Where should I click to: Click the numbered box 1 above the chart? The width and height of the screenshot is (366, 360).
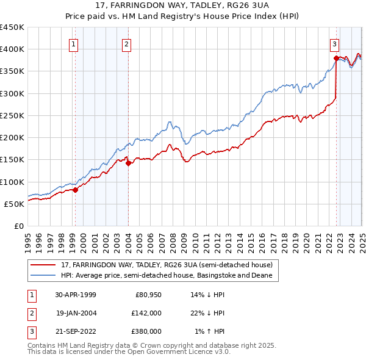pos(73,44)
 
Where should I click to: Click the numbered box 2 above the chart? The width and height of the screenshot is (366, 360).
pos(126,44)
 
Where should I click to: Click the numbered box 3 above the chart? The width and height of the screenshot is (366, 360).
pos(335,44)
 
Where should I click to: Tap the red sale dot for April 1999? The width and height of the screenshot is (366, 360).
pos(75,190)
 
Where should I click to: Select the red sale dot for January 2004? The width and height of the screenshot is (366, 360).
pos(128,163)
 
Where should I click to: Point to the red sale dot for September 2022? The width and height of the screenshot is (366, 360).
pos(336,59)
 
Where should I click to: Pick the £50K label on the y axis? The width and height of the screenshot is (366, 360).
pos(15,204)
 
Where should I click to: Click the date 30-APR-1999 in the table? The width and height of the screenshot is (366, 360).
pos(76,295)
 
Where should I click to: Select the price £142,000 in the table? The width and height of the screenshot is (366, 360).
pos(146,313)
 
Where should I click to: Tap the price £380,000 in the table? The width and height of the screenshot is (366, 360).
pos(146,331)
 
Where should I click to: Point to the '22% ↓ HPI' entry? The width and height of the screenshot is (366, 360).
pos(207,313)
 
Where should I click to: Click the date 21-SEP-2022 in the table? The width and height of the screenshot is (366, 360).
pos(76,331)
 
